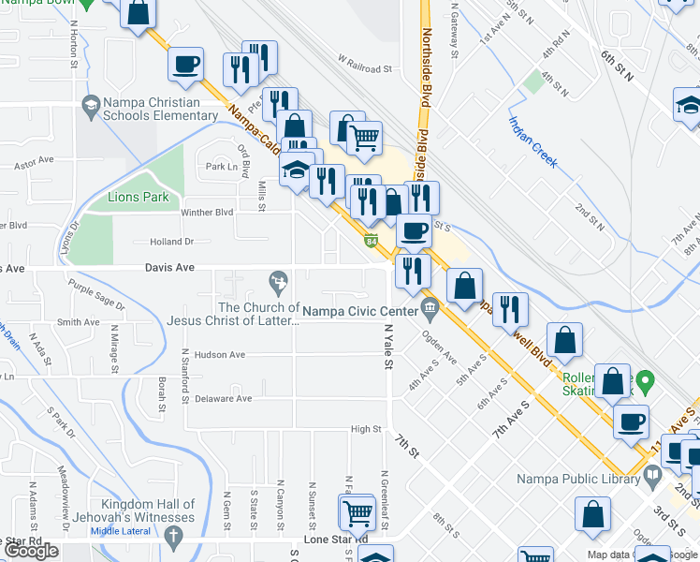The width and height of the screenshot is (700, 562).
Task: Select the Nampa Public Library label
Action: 576,480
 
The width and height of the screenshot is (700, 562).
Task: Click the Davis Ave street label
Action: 169,268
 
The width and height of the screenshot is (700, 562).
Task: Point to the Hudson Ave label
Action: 220,355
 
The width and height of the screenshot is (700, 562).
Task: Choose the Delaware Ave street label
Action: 224,398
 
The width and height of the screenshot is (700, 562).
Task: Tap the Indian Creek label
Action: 533,142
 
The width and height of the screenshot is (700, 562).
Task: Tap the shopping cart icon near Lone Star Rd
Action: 356,513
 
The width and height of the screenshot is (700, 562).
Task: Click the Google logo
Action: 31,551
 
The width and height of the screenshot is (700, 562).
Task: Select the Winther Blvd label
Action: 206,213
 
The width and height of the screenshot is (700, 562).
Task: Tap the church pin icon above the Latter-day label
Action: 278,280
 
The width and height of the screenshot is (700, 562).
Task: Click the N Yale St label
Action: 386,346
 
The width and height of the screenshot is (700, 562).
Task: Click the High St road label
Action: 365,429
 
